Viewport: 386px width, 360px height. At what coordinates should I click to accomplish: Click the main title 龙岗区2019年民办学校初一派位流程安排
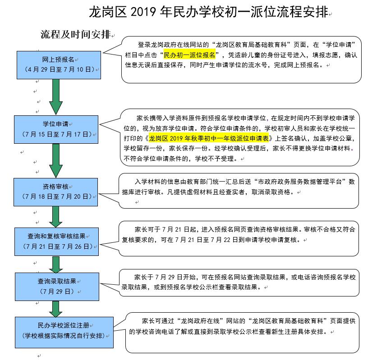[208, 12]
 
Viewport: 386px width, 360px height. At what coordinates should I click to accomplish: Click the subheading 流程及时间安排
[76, 34]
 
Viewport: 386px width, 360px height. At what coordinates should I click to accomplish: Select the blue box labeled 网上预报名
[59, 65]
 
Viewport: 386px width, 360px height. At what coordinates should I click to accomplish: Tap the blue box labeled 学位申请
[56, 130]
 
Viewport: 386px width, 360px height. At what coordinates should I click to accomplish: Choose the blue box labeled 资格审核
[55, 192]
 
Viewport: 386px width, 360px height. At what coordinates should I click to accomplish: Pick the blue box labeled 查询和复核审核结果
[57, 242]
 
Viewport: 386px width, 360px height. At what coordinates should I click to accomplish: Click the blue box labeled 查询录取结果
[57, 287]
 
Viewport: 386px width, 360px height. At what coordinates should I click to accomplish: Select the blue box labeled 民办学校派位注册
[64, 333]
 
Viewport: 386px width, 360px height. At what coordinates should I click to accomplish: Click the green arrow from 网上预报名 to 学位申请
[56, 97]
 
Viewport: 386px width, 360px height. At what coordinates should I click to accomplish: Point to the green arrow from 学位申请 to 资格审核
[56, 160]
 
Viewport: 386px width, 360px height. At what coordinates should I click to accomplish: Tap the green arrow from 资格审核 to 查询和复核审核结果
[56, 217]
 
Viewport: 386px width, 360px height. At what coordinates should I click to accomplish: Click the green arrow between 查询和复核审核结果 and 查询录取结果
[56, 264]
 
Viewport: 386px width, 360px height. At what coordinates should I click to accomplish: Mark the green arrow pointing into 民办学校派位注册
[56, 309]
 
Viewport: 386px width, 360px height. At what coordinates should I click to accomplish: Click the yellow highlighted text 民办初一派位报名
[189, 55]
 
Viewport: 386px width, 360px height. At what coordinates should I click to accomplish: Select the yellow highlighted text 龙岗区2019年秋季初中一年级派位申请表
[209, 138]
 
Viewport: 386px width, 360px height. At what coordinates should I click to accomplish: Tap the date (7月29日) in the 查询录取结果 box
[57, 292]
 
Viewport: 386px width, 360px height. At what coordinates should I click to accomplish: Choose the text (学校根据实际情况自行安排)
[64, 336]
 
